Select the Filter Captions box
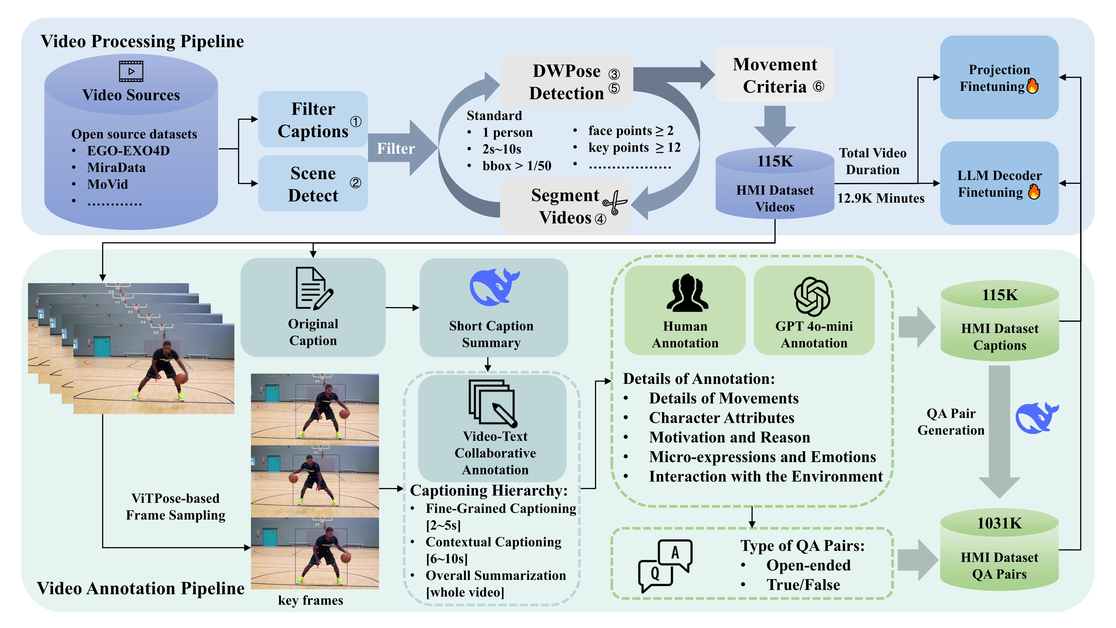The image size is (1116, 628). (313, 120)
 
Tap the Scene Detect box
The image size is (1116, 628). (313, 184)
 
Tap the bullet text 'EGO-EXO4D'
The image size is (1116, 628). (128, 151)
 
